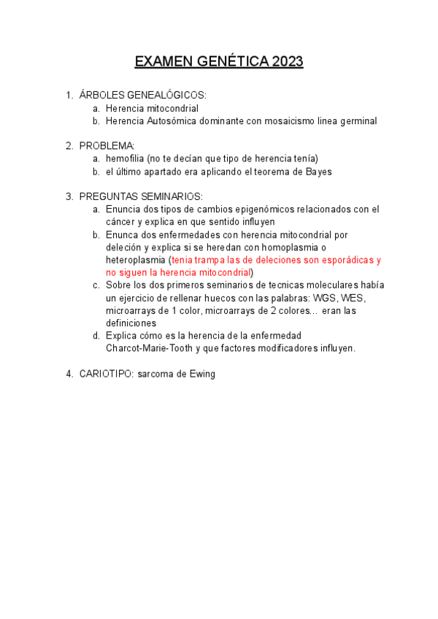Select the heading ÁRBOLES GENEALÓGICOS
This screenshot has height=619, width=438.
(143, 95)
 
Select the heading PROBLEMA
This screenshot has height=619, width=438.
(107, 145)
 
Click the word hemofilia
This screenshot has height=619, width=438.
(125, 158)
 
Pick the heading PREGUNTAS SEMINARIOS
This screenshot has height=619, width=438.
(141, 196)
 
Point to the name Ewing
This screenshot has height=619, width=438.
(201, 374)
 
